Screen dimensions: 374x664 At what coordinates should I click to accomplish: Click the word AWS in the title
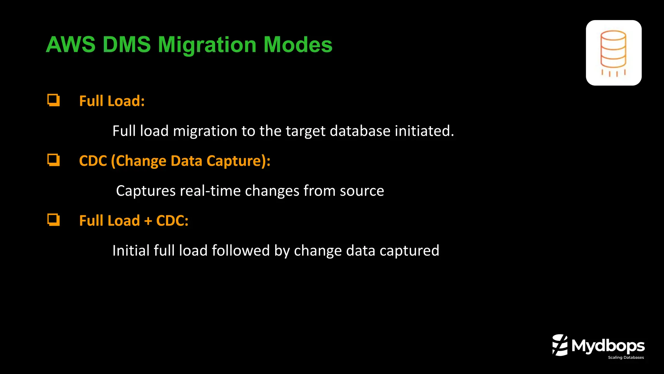[x=71, y=44]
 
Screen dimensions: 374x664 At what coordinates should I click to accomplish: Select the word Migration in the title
[x=207, y=44]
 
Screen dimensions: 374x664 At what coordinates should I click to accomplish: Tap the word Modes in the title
[x=298, y=44]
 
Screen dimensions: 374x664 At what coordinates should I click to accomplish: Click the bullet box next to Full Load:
[x=53, y=100]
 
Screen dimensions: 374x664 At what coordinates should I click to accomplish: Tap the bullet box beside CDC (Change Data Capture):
[x=53, y=160]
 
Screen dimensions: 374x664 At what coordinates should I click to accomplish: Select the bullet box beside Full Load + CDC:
[x=53, y=220]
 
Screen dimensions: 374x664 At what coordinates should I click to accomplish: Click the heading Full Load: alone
[x=112, y=101]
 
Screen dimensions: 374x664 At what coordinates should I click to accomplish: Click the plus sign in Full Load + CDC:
[x=148, y=221]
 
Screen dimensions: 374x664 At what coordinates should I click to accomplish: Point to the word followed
[x=241, y=251]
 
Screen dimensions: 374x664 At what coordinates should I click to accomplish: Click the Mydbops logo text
[x=608, y=346]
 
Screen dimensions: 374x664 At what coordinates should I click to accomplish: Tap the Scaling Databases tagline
[x=626, y=357]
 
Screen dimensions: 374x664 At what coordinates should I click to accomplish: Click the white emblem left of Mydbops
[x=560, y=345]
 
